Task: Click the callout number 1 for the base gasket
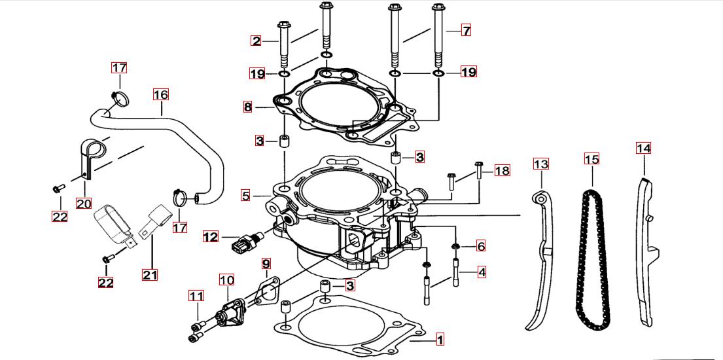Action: pos(440,340)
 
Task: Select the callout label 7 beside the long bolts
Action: pos(466,30)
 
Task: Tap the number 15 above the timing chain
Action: pos(591,159)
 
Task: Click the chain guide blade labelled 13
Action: pos(541,262)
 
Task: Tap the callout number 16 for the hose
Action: pos(161,94)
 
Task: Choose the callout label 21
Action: pos(150,275)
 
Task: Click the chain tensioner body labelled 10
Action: pos(229,311)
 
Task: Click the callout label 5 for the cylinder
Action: pos(245,195)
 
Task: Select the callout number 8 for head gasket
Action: pos(247,106)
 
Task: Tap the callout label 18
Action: pos(502,171)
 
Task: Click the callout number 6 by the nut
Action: pos(481,246)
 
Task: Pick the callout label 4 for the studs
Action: pos(482,271)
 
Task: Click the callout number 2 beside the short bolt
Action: pos(256,41)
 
